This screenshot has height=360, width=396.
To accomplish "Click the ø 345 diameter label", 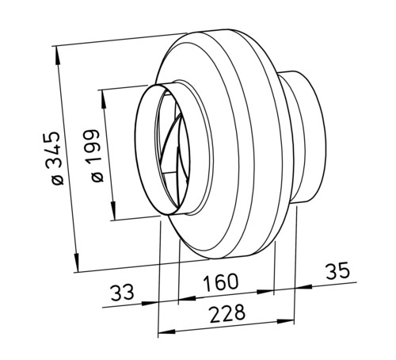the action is click(x=55, y=158).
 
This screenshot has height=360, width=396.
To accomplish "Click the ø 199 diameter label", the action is click(x=95, y=155).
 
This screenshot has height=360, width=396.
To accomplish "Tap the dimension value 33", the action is click(x=122, y=293).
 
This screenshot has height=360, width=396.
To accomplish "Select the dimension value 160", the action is click(x=221, y=282).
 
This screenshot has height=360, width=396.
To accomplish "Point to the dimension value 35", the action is click(x=337, y=270).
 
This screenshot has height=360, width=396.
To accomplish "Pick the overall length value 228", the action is click(x=227, y=314).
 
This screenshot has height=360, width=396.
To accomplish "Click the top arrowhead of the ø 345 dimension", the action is click(x=58, y=56).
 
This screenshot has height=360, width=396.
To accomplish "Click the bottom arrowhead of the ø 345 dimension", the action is click(x=76, y=262).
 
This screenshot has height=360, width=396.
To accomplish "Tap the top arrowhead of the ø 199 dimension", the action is click(x=104, y=99).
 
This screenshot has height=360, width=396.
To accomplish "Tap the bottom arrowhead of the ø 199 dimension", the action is click(x=113, y=210).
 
